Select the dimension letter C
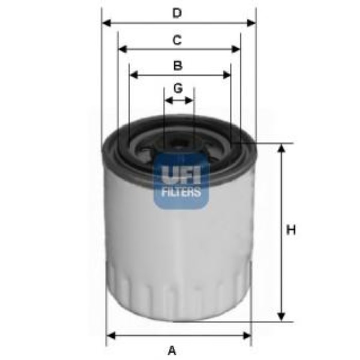177,40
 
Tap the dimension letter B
177,66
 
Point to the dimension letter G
178,88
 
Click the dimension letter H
291,230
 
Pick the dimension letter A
172,350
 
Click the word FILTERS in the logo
181,193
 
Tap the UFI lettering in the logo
181,175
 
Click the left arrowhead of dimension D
106,23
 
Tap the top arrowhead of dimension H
281,148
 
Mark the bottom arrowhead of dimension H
281,316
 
